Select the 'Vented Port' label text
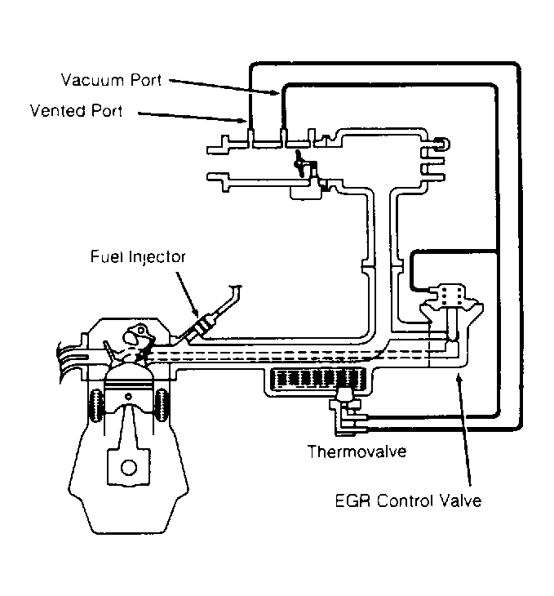coord(76,111)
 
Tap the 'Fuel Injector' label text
coord(139,256)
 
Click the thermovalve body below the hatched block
coord(346,401)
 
